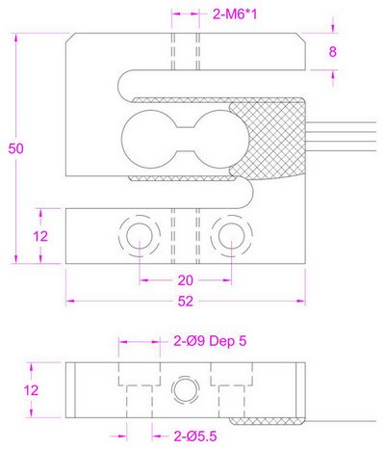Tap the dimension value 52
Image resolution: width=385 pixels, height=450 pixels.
[x=187, y=302]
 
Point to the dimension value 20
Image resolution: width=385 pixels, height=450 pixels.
[x=187, y=280]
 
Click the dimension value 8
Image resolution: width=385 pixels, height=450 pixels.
[x=333, y=52]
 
